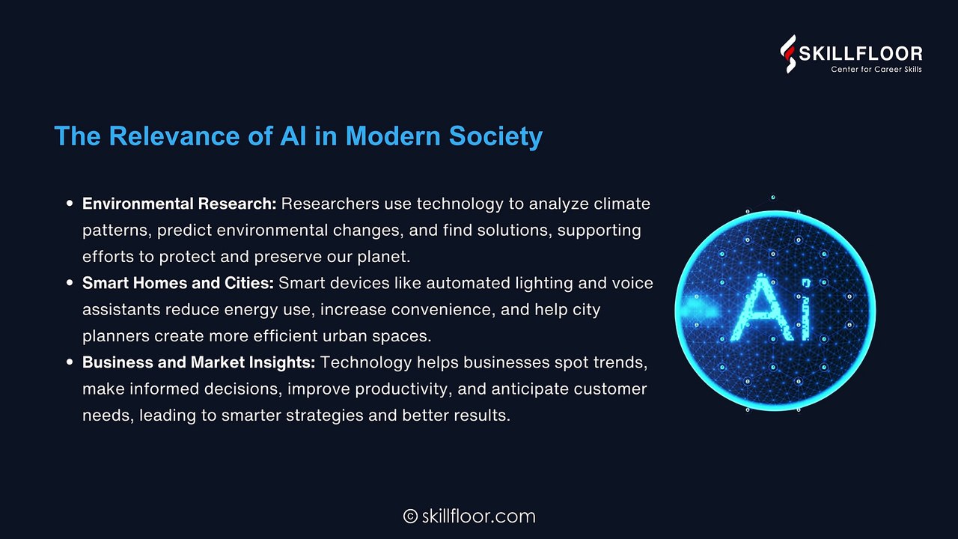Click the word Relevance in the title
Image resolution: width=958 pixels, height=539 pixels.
tap(174, 136)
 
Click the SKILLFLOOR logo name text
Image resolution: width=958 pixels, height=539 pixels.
tap(861, 54)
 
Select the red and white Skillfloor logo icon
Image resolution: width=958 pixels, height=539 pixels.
tap(788, 54)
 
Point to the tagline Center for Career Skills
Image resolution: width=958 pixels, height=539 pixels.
tap(876, 70)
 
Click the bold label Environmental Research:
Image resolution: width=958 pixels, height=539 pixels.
tap(180, 204)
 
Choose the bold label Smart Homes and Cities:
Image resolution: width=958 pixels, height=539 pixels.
tap(178, 283)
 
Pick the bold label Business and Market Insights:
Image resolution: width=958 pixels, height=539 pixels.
tap(199, 363)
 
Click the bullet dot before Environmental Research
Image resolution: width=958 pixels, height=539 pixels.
tap(70, 204)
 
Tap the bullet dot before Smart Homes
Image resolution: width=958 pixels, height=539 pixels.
tap(70, 283)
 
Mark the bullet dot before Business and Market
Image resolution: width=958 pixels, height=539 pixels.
tap(70, 362)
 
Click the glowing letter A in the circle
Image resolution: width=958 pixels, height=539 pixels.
tap(758, 308)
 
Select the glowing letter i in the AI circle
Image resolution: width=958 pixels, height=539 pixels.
tap(805, 309)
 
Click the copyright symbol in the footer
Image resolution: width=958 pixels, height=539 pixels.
tap(410, 517)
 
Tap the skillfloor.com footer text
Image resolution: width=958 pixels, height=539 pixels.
tap(478, 517)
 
